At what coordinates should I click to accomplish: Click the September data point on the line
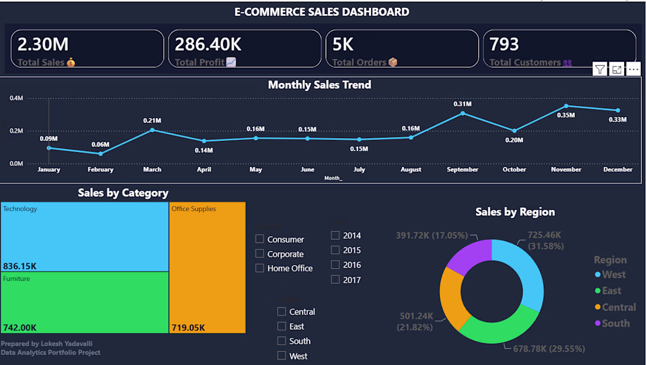463,113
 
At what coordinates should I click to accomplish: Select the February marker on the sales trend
100,153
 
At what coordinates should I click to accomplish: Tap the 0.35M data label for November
566,115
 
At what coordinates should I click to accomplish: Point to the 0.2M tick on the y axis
16,130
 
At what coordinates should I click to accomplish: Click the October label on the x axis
514,169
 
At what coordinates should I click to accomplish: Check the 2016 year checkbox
335,264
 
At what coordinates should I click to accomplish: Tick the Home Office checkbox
260,268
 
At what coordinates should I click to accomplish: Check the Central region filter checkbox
281,312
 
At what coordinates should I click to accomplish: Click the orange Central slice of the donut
452,297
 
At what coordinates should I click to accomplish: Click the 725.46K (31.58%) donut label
546,240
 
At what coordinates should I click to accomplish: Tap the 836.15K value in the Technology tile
20,266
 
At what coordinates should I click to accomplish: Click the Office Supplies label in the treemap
194,209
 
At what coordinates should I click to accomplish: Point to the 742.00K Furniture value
20,328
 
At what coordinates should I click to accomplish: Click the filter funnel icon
600,70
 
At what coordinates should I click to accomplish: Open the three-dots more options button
633,70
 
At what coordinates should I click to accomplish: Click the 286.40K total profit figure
208,45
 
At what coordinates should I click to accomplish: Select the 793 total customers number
504,45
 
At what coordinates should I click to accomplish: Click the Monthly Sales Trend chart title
319,85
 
